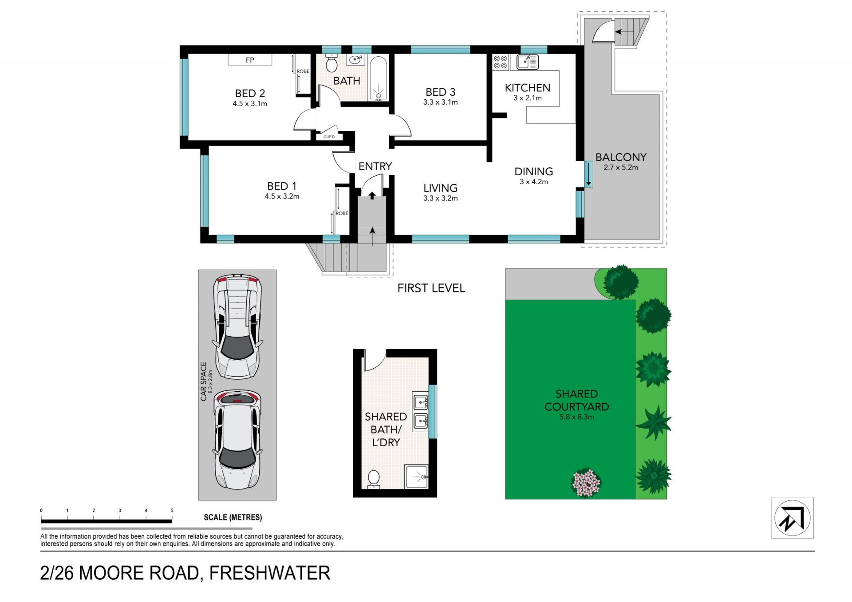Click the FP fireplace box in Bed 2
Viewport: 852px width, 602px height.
[250, 59]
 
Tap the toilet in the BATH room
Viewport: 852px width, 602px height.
[331, 63]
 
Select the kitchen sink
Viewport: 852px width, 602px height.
[528, 62]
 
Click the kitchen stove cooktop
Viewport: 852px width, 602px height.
[501, 62]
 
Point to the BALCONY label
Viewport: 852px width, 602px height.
[621, 157]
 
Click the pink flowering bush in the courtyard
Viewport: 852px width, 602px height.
[586, 483]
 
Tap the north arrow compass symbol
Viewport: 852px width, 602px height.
[792, 518]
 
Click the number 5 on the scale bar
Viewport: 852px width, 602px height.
[172, 511]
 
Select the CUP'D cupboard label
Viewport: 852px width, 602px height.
[329, 137]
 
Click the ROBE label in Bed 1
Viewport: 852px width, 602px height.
[342, 213]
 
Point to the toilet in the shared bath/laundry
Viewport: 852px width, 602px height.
[374, 480]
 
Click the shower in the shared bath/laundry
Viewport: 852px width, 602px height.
[416, 476]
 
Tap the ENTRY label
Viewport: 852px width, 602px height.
[375, 166]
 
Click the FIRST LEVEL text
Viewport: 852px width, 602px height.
[431, 288]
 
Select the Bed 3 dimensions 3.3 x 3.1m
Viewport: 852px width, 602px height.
[440, 102]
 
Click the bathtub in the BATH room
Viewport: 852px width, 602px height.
[378, 78]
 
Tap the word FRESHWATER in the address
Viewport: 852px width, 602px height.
[270, 573]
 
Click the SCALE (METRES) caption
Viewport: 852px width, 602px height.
[233, 517]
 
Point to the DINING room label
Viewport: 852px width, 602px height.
[533, 171]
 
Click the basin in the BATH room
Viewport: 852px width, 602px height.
[355, 60]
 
